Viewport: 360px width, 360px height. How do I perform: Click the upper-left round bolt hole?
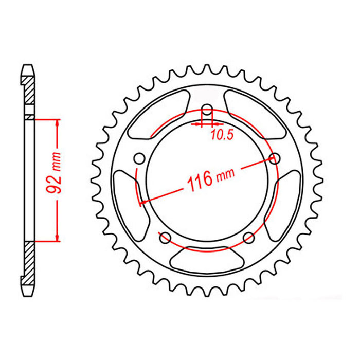(139, 158)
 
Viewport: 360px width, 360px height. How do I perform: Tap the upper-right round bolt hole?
(275, 158)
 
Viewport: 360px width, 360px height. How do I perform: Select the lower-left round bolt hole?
(165, 238)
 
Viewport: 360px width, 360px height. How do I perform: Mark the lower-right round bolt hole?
(249, 238)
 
